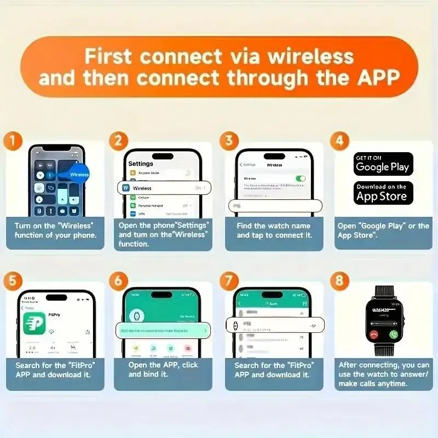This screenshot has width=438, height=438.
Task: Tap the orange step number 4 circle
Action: pos(339,141)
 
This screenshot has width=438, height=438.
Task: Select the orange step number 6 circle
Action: pos(119,281)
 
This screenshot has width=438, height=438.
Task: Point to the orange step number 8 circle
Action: pos(339,281)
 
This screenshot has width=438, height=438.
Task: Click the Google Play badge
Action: pos(383,164)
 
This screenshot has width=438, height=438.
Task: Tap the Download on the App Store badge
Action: pos(383,193)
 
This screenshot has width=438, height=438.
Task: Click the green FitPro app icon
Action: pos(34,323)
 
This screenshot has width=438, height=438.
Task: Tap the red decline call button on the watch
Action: pos(374,333)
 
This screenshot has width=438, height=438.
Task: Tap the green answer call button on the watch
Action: pos(393,333)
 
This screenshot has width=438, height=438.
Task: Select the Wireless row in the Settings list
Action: pos(163,188)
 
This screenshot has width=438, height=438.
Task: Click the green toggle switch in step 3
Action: pos(300,178)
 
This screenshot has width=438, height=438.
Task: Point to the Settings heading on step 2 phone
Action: pos(140,164)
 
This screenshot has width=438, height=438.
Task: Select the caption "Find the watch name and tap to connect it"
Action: pos(274,230)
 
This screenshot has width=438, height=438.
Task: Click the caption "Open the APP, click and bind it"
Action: pos(163,370)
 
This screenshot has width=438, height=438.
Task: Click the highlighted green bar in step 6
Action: pos(163,331)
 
